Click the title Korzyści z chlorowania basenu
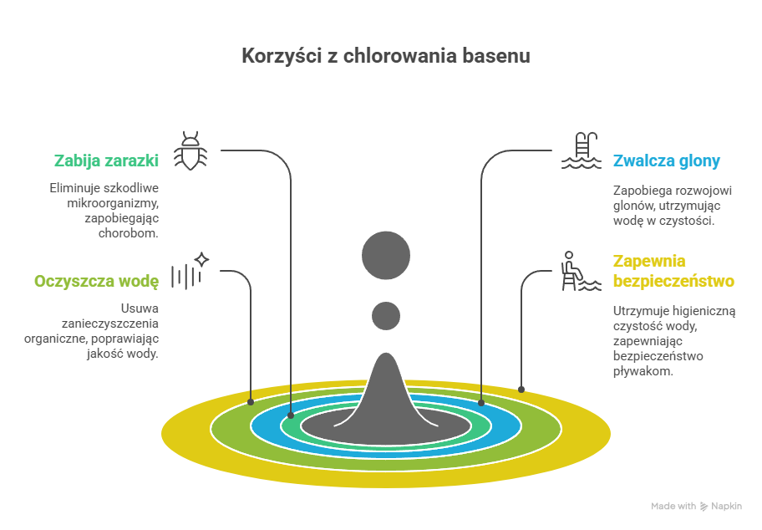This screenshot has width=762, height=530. (x=385, y=57)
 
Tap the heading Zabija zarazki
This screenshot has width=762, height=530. (x=106, y=160)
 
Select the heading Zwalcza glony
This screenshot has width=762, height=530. (x=666, y=161)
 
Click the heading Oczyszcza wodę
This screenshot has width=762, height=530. (x=96, y=281)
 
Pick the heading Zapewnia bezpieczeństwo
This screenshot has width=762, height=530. (x=673, y=270)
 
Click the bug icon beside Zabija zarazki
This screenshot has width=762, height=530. (x=190, y=150)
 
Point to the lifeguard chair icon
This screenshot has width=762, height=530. (x=580, y=272)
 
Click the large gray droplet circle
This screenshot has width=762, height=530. (x=386, y=254)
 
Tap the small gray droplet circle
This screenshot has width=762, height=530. (x=386, y=315)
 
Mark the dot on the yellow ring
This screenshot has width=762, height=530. (x=521, y=390)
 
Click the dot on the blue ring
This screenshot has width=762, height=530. (x=482, y=403)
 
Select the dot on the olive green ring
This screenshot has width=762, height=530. (x=251, y=402)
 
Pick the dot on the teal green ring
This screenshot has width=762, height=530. (x=291, y=415)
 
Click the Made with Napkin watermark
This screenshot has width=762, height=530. (x=695, y=507)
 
